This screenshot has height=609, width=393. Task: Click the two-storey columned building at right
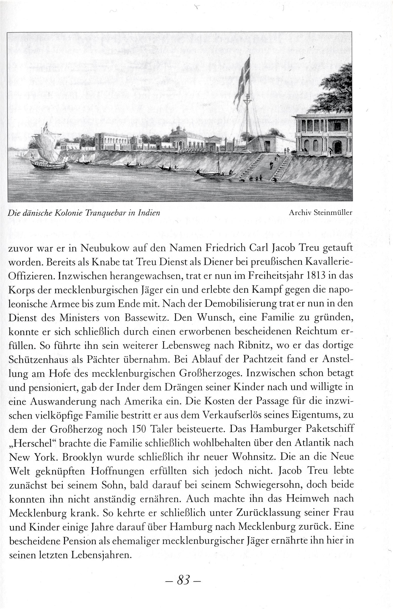(x=323, y=135)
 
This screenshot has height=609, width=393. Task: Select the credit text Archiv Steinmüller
(x=320, y=213)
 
